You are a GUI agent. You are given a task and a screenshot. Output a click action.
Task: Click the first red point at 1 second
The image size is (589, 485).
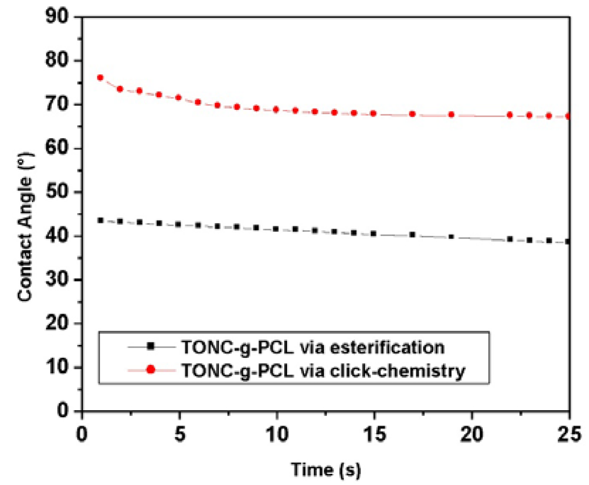coord(100,77)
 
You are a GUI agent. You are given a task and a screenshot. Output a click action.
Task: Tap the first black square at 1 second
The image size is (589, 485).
coord(101,220)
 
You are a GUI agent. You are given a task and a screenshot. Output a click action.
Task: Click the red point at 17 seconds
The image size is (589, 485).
coord(412,114)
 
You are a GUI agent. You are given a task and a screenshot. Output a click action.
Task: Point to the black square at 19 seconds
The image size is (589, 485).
coord(452,236)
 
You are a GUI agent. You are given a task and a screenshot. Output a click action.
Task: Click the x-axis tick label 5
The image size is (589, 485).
coord(179,432)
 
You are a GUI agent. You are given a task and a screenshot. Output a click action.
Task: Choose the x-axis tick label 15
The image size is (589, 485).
coord(374,432)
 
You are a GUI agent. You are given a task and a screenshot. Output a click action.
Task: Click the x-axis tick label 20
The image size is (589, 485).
coord(471,432)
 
